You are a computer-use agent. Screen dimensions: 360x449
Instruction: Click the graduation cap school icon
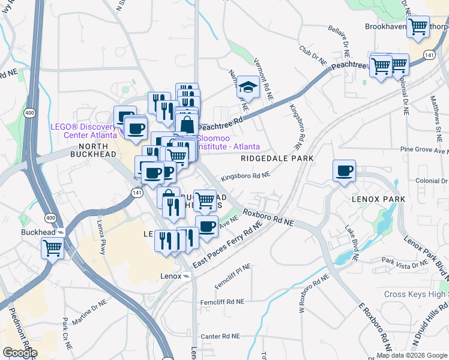tap(248, 87)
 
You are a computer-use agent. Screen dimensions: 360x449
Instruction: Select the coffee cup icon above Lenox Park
tap(345, 171)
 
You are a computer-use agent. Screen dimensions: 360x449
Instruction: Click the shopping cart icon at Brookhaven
tap(417, 26)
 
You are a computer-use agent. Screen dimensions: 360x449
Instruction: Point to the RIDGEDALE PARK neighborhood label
tap(277, 159)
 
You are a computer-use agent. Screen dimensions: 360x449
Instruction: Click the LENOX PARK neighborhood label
tap(379, 199)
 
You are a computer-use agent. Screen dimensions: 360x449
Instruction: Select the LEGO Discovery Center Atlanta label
tap(83, 130)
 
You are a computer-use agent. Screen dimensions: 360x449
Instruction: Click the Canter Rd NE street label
tap(220, 337)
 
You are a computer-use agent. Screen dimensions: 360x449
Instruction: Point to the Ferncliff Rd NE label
tap(223, 301)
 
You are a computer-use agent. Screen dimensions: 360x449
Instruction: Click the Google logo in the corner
tap(20, 352)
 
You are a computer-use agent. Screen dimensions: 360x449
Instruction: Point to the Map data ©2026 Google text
tap(412, 355)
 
